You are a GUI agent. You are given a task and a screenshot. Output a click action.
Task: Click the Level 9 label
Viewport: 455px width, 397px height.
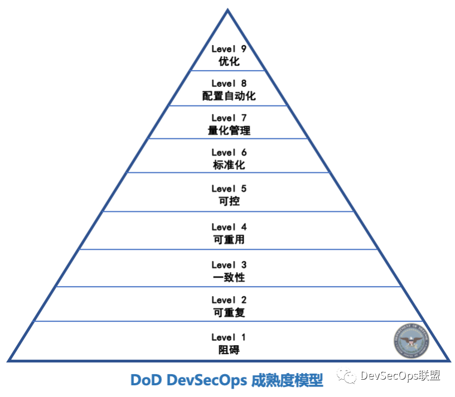coord(229,49)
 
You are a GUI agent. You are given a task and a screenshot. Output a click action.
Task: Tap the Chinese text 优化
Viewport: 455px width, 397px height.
coord(229,61)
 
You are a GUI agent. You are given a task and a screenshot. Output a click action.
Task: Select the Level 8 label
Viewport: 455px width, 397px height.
coord(229,84)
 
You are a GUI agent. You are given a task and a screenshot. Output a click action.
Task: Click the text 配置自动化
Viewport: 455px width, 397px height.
coord(229,96)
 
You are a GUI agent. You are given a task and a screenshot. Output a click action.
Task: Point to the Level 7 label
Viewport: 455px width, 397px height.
coord(229,118)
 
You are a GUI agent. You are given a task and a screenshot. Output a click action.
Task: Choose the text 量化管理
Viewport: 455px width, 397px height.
coord(229,130)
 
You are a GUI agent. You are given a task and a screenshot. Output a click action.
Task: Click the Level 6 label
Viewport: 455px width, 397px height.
coord(229,153)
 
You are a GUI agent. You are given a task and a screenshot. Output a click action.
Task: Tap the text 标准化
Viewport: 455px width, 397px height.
coord(229,165)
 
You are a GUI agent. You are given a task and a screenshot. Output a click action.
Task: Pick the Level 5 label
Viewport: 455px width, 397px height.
coord(229,189)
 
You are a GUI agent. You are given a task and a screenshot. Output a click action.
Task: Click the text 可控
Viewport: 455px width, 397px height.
coord(229,201)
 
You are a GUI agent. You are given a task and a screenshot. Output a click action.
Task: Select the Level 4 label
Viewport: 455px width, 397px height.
coord(229,227)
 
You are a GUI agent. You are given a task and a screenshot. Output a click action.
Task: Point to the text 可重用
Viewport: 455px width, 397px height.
coord(229,240)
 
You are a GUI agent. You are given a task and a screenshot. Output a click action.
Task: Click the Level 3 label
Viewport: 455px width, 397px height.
coord(229,265)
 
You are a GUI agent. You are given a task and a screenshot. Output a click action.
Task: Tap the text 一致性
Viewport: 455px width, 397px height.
coord(229,277)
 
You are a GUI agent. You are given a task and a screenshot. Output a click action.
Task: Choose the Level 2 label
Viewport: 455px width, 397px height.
coord(229,301)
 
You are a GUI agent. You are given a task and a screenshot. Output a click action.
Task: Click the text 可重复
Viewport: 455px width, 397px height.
coord(229,313)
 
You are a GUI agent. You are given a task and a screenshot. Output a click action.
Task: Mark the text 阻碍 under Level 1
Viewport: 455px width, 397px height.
coord(229,350)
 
